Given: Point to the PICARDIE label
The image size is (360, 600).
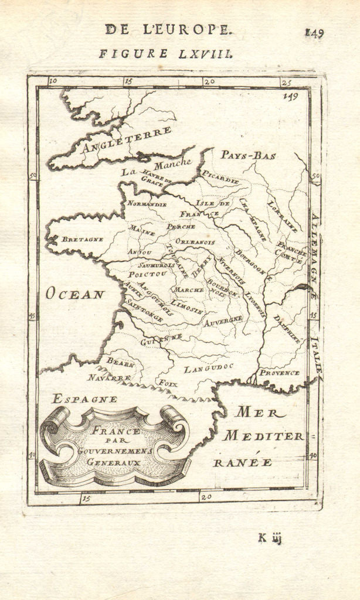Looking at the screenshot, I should pyautogui.click(x=220, y=178).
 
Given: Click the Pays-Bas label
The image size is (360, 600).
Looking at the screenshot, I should pyautogui.click(x=248, y=155).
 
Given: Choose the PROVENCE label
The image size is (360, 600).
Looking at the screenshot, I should pyautogui.click(x=279, y=373).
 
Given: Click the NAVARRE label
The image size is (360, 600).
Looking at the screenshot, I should pyautogui.click(x=109, y=378).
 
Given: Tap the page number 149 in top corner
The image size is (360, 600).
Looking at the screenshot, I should pyautogui.click(x=313, y=33).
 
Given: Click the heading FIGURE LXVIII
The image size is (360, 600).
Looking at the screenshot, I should pyautogui.click(x=166, y=54).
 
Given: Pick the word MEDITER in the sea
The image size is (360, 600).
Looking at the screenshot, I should pyautogui.click(x=263, y=436).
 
